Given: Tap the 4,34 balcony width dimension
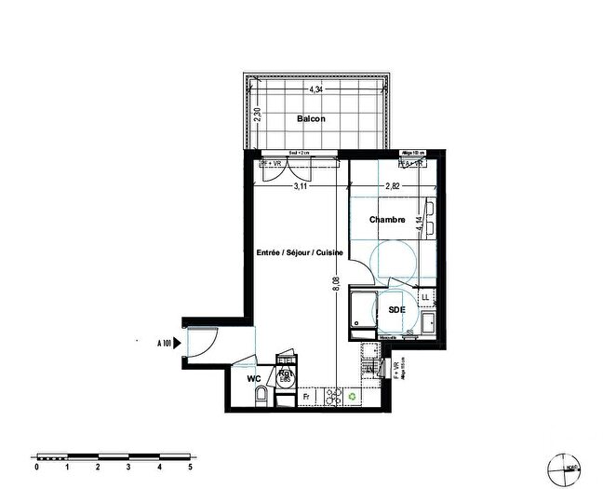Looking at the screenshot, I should click(x=315, y=89).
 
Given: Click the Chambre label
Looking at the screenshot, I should click(x=387, y=220).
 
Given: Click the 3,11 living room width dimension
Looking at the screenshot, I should click(x=301, y=186).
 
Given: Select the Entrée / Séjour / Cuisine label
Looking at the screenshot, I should click(x=300, y=253).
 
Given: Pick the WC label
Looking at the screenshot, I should click(x=253, y=379).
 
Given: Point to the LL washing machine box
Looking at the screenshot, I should click(x=426, y=297).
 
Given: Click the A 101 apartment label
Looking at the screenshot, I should click(x=164, y=343).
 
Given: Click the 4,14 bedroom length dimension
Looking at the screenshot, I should click(x=421, y=224).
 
